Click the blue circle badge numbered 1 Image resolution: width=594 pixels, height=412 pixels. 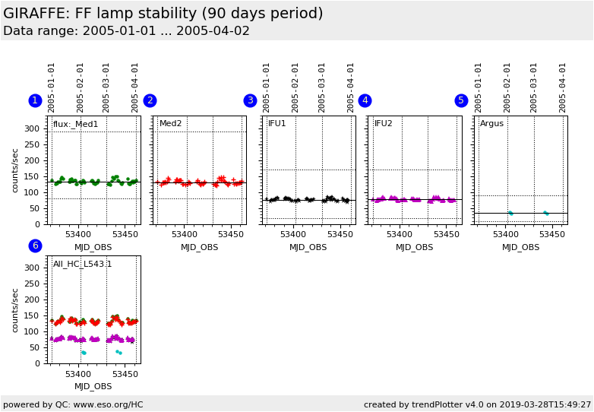[x=35, y=100]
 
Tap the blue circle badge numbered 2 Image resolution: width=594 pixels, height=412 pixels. [x=150, y=100]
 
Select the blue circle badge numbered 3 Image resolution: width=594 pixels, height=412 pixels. [x=250, y=100]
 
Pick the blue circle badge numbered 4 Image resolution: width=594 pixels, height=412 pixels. [x=365, y=100]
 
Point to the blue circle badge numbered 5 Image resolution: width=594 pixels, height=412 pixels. [x=461, y=100]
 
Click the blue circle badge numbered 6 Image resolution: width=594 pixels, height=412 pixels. [x=35, y=246]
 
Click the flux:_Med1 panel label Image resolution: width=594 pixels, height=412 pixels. [x=75, y=124]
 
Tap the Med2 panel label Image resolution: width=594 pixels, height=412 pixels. [x=170, y=123]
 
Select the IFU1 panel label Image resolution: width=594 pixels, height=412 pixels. [x=277, y=123]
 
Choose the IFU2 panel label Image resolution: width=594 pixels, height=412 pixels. [x=384, y=123]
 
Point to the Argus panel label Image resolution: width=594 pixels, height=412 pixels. [x=491, y=123]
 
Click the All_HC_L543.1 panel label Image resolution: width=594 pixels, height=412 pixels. [x=82, y=264]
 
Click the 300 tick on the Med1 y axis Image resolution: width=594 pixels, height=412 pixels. [x=33, y=128]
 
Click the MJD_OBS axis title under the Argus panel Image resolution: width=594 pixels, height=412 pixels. [x=521, y=247]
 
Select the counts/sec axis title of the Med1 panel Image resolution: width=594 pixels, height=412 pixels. [x=15, y=170]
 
